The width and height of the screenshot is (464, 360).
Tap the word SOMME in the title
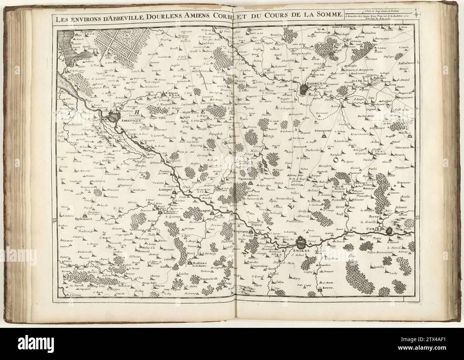(x=330, y=15)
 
